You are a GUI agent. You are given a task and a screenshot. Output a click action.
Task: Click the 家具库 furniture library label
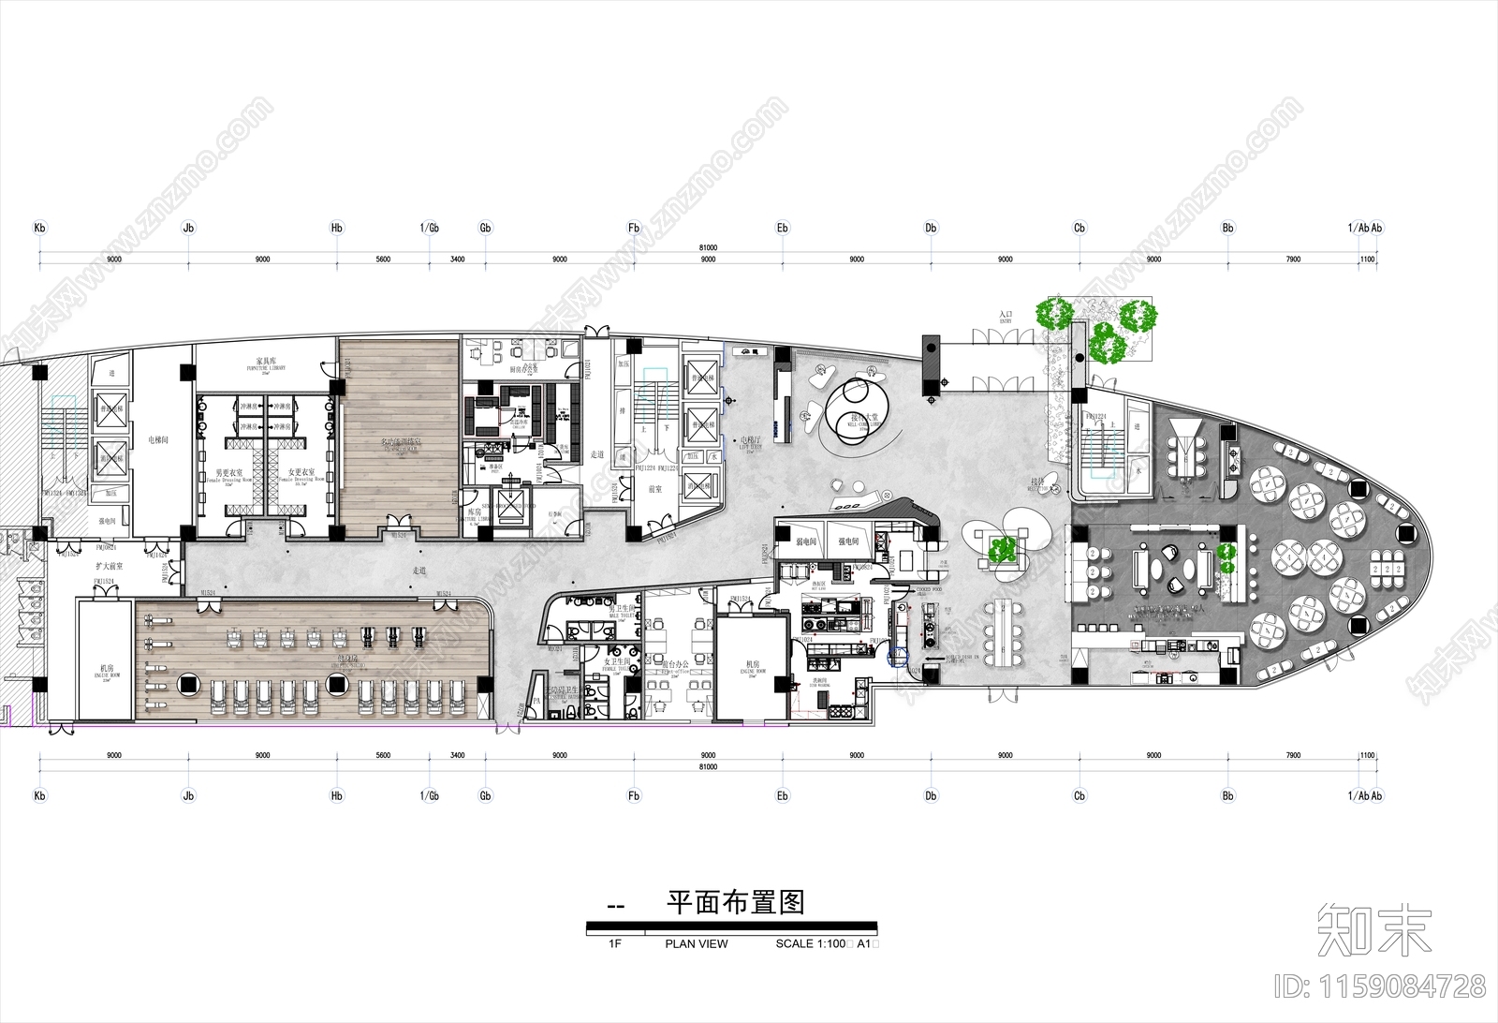coord(264,361)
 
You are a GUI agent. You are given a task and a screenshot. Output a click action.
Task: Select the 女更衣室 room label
coord(301,472)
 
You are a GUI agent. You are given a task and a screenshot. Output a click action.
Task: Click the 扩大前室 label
coord(110,568)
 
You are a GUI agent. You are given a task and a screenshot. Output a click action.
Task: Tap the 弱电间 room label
coord(807,541)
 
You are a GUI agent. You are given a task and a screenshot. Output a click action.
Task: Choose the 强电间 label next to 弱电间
coord(848,541)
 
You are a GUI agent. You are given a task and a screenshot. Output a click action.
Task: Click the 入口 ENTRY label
coord(1006,316)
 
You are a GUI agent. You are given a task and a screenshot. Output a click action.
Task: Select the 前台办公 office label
coord(674,664)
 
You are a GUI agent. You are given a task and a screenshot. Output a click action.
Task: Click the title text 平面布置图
coord(735,903)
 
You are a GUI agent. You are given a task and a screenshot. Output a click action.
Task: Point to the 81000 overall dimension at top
coord(708,248)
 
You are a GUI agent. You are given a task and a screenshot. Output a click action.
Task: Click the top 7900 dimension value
coord(1292,259)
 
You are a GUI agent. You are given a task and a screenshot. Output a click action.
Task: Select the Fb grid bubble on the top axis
coord(634,228)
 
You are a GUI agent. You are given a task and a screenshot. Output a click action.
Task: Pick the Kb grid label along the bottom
coord(39,796)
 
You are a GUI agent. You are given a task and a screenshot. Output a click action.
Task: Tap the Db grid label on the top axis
coord(931,228)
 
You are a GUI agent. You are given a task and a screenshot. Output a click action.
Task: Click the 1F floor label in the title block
coord(615,943)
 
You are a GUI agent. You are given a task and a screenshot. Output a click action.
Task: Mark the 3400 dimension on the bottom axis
coord(457,755)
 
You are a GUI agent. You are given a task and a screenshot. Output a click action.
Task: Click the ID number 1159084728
coord(1381,986)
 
